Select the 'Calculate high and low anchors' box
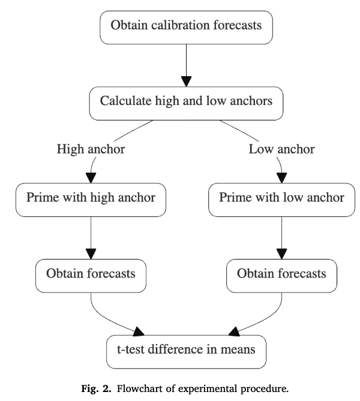tap(186, 101)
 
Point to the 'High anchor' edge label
tap(91, 149)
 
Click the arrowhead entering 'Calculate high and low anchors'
tap(186, 80)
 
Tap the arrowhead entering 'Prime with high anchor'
tap(91, 177)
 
